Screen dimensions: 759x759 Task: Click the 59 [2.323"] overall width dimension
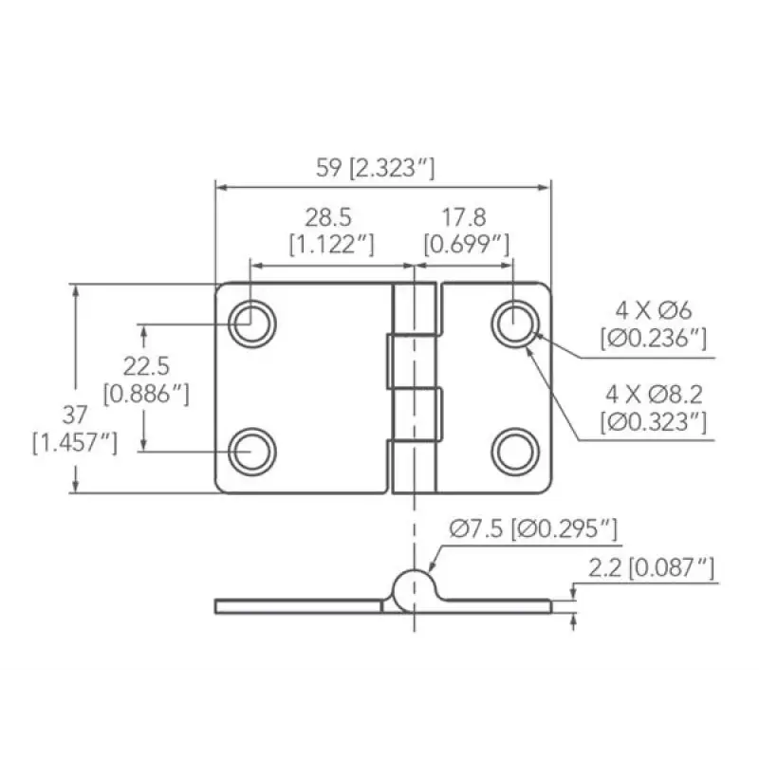click(375, 168)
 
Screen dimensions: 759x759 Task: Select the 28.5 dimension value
click(328, 217)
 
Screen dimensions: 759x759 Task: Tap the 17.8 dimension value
click(464, 217)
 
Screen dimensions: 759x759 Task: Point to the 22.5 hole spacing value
click(146, 366)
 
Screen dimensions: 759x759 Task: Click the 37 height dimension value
click(75, 415)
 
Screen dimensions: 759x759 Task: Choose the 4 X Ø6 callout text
click(654, 310)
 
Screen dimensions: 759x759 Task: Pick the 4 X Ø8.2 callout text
click(654, 395)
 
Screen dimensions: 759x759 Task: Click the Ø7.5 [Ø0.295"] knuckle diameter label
click(533, 528)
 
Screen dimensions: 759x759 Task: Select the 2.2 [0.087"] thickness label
click(651, 567)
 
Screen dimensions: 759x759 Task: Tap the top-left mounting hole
click(251, 324)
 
